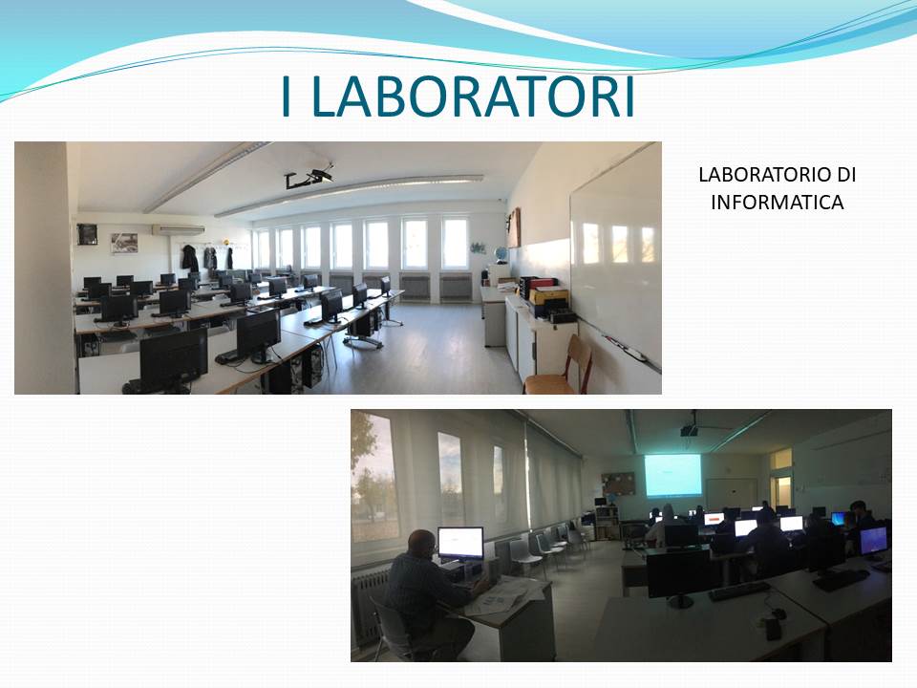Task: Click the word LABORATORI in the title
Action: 475,97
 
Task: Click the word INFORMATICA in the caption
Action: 778,203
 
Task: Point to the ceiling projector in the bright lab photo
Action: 309,178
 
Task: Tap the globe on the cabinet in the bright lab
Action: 500,255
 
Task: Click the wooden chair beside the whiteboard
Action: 561,365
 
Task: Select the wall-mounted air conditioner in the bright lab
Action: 179,230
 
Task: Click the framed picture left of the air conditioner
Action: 124,244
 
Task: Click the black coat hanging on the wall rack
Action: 189,257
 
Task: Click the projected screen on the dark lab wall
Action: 672,475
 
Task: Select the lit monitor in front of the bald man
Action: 460,544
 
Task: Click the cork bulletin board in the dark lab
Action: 618,484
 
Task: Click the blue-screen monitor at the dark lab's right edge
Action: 873,540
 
